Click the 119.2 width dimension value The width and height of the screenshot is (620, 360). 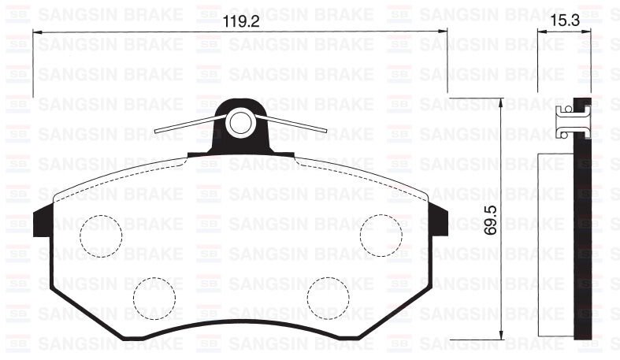(x=240, y=22)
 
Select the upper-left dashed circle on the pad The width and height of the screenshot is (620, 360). (x=101, y=234)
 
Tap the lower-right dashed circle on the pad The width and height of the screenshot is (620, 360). (x=329, y=297)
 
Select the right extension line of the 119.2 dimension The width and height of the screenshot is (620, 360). (x=447, y=63)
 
